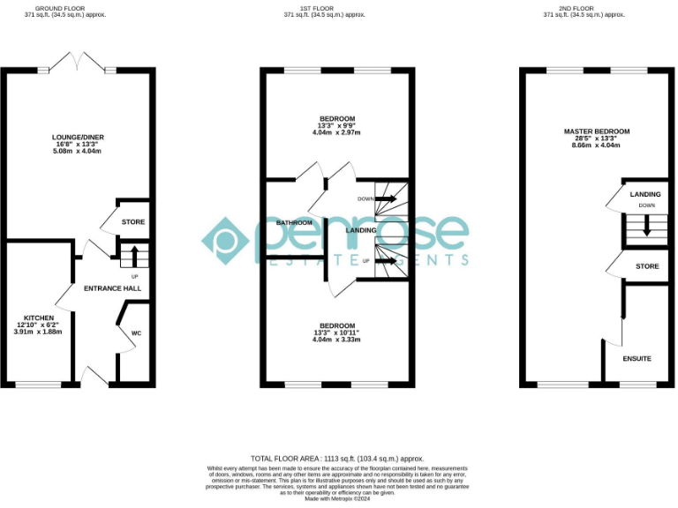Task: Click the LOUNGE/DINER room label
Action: click(x=78, y=137)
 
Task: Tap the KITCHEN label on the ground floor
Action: click(x=39, y=317)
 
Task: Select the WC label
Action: click(x=136, y=333)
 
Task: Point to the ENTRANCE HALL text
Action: click(x=112, y=288)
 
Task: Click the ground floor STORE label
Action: click(x=133, y=222)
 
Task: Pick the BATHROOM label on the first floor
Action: click(x=294, y=223)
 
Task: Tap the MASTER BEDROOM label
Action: click(x=597, y=131)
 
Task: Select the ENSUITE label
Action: click(x=637, y=359)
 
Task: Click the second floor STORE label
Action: click(x=647, y=265)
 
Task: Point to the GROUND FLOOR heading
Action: click(x=56, y=9)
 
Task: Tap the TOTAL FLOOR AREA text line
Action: click(x=337, y=459)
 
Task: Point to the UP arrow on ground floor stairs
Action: click(x=134, y=257)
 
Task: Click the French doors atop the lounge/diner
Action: click(x=78, y=62)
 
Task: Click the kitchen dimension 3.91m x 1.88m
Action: click(x=39, y=332)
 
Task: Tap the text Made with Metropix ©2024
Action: click(x=337, y=499)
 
